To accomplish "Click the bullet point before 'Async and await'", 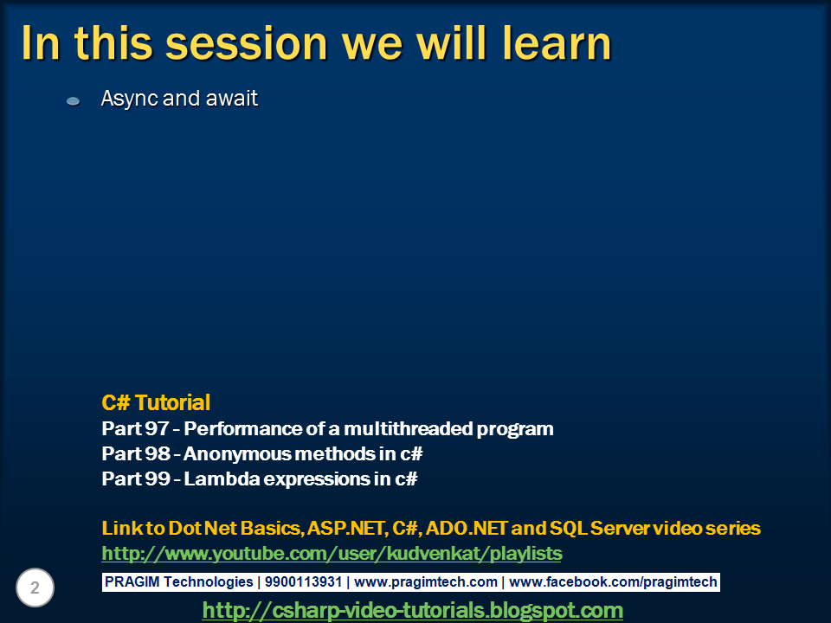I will [74, 101].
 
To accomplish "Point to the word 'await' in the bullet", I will [231, 99].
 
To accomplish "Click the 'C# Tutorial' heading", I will [156, 402].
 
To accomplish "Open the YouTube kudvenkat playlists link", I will [332, 553].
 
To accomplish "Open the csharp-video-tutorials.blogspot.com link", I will [412, 610].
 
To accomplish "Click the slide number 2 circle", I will [35, 588].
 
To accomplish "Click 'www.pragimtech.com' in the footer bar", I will [426, 582].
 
